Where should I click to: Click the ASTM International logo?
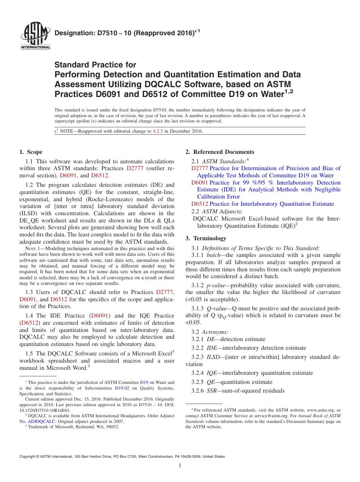(35, 36)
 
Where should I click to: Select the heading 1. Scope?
(31, 152)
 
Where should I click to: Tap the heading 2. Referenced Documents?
(220, 152)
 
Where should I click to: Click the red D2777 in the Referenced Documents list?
(199, 168)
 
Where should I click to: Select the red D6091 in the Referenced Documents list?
(199, 183)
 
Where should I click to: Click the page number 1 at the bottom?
(180, 466)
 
